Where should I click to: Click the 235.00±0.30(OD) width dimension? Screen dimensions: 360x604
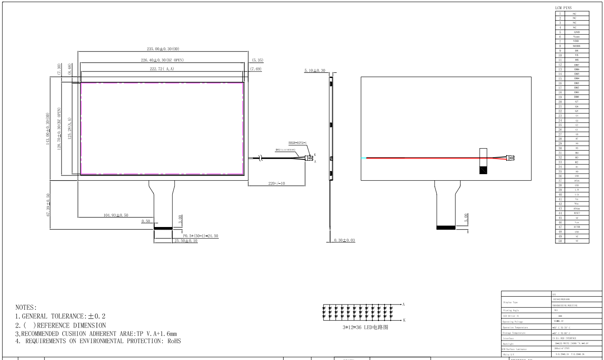pyautogui.click(x=161, y=49)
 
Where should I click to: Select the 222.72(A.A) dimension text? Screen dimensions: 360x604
pyautogui.click(x=161, y=69)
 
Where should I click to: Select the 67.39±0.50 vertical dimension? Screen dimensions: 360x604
pyautogui.click(x=48, y=206)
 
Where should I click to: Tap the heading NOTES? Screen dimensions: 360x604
pyautogui.click(x=27, y=307)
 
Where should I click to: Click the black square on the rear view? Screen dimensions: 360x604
pyautogui.click(x=483, y=170)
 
